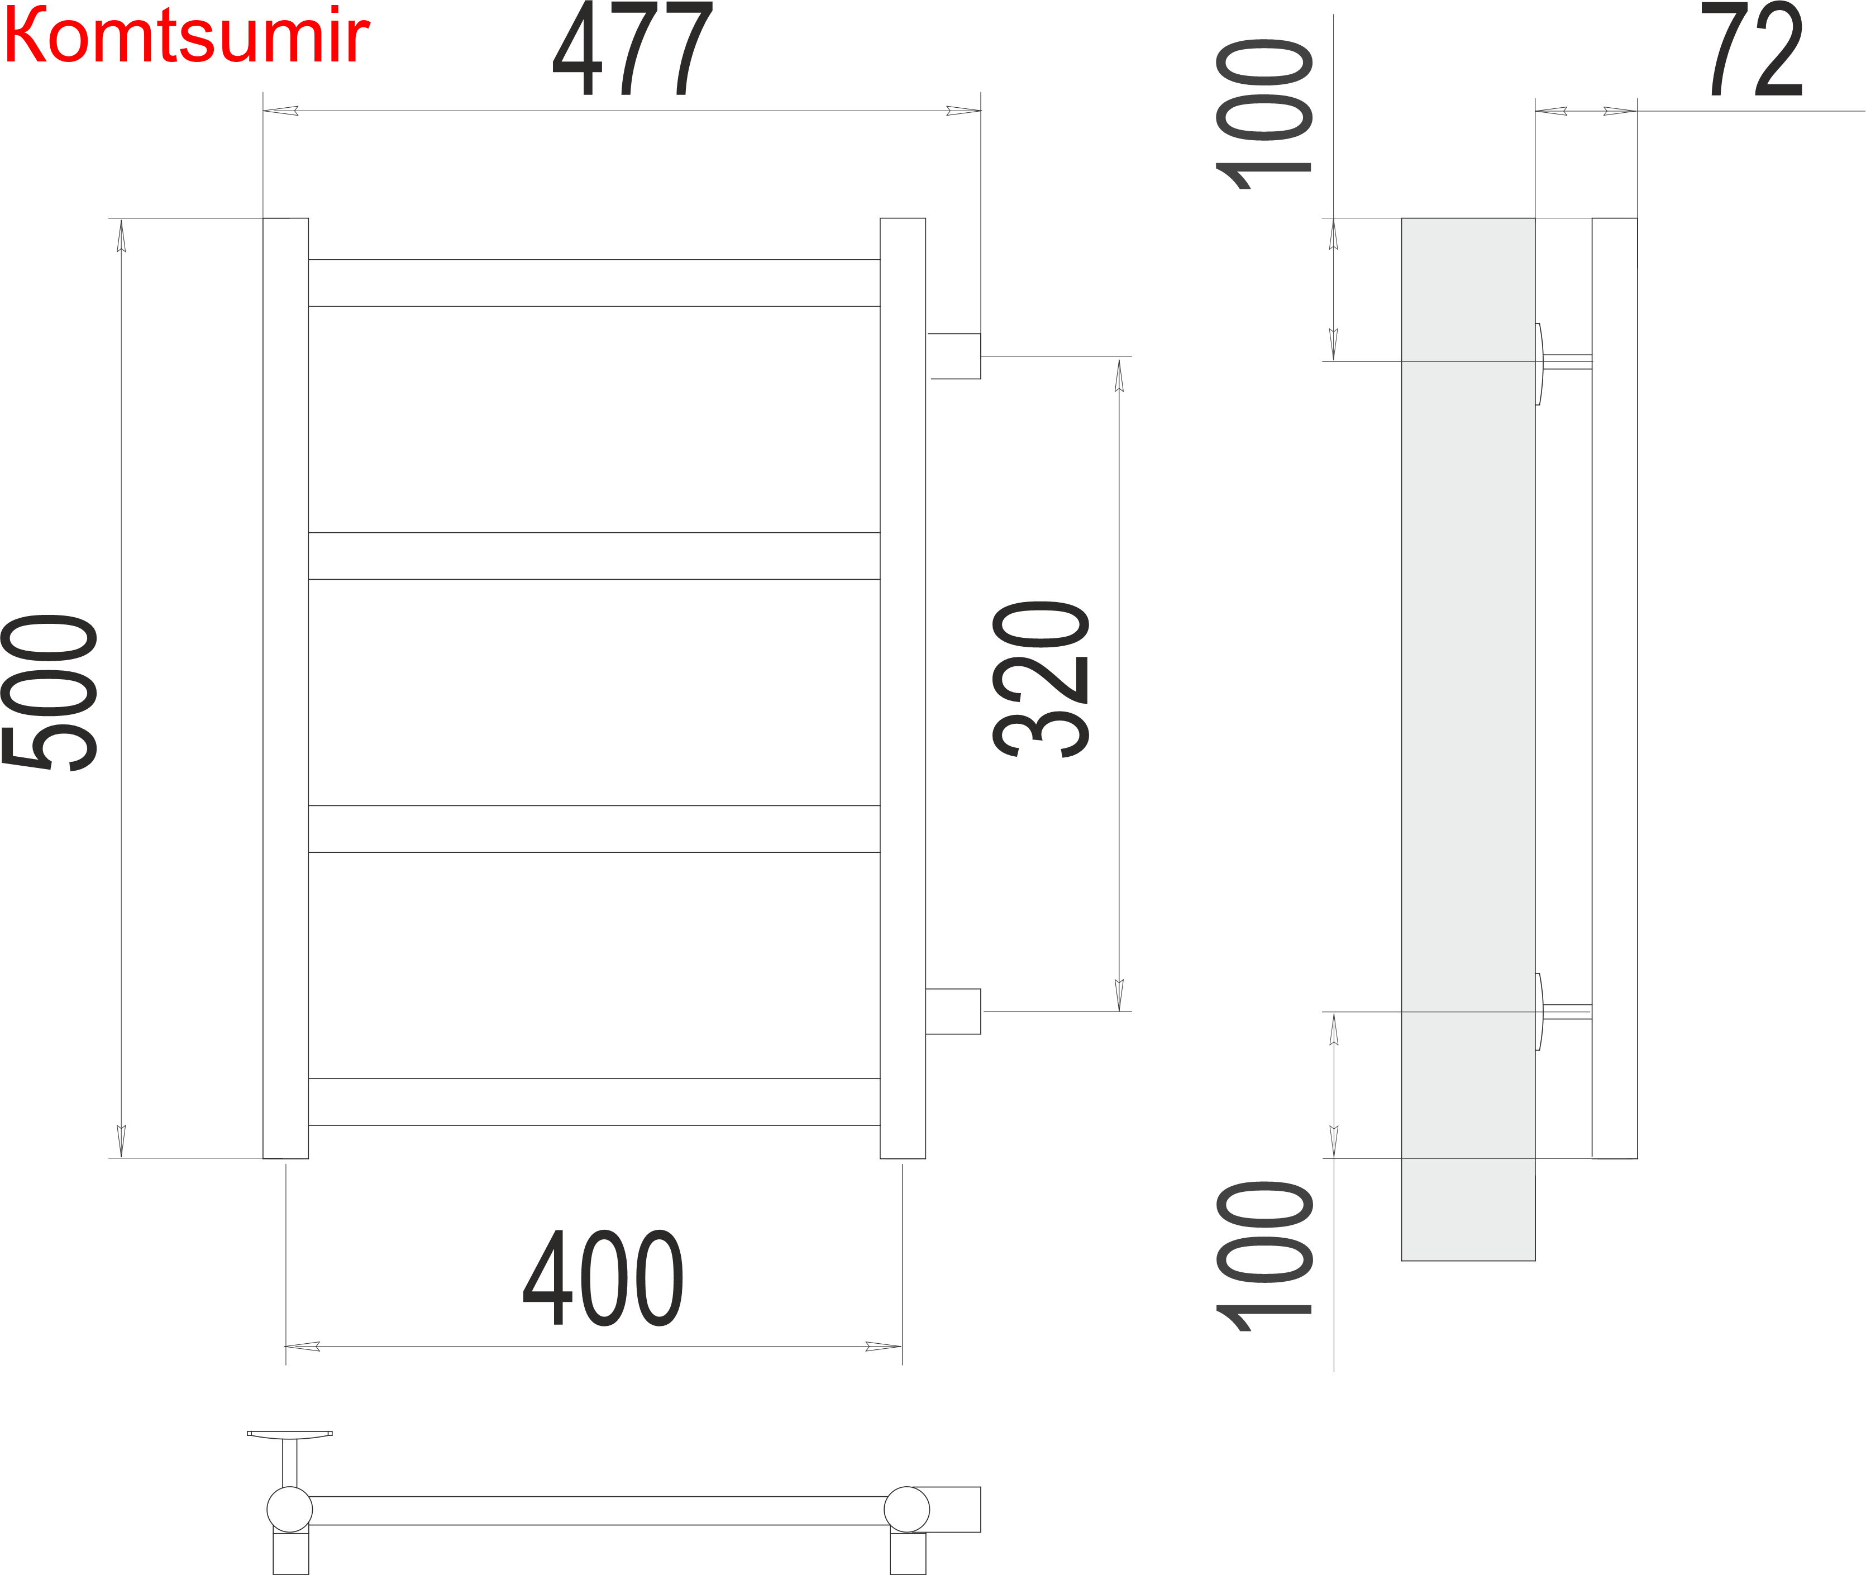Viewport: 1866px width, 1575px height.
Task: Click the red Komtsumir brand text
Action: [x=186, y=36]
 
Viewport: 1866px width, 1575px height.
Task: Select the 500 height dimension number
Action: [x=50, y=692]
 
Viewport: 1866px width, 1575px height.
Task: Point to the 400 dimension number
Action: [x=604, y=1278]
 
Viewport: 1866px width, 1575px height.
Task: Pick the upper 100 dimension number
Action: [x=1264, y=114]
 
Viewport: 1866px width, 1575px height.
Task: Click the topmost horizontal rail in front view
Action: [x=594, y=283]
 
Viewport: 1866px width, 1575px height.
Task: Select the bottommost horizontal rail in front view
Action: [x=594, y=1102]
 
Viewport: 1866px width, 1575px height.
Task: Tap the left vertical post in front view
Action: [x=286, y=688]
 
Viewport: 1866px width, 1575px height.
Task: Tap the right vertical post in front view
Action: [x=903, y=688]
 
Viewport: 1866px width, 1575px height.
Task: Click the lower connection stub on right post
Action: [x=953, y=1011]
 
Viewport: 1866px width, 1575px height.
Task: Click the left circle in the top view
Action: [x=289, y=1510]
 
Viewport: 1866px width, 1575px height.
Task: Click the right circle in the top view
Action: [x=907, y=1510]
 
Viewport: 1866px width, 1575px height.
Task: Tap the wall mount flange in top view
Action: [x=289, y=1434]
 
